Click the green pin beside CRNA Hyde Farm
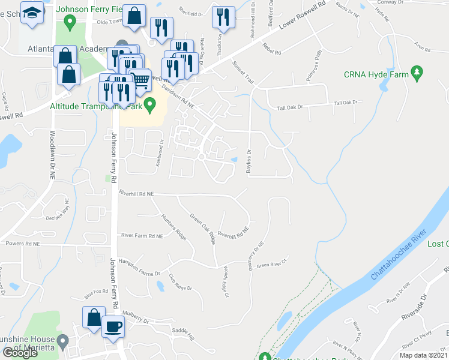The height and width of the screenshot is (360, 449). pyautogui.click(x=418, y=74)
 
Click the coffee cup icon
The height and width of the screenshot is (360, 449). pyautogui.click(x=113, y=326)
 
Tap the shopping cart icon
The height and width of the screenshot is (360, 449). pyautogui.click(x=140, y=78)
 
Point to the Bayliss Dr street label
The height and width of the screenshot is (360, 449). pyautogui.click(x=249, y=161)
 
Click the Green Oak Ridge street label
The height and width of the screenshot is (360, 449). pyautogui.click(x=202, y=229)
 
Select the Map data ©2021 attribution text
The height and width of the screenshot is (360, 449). pyautogui.click(x=423, y=355)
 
